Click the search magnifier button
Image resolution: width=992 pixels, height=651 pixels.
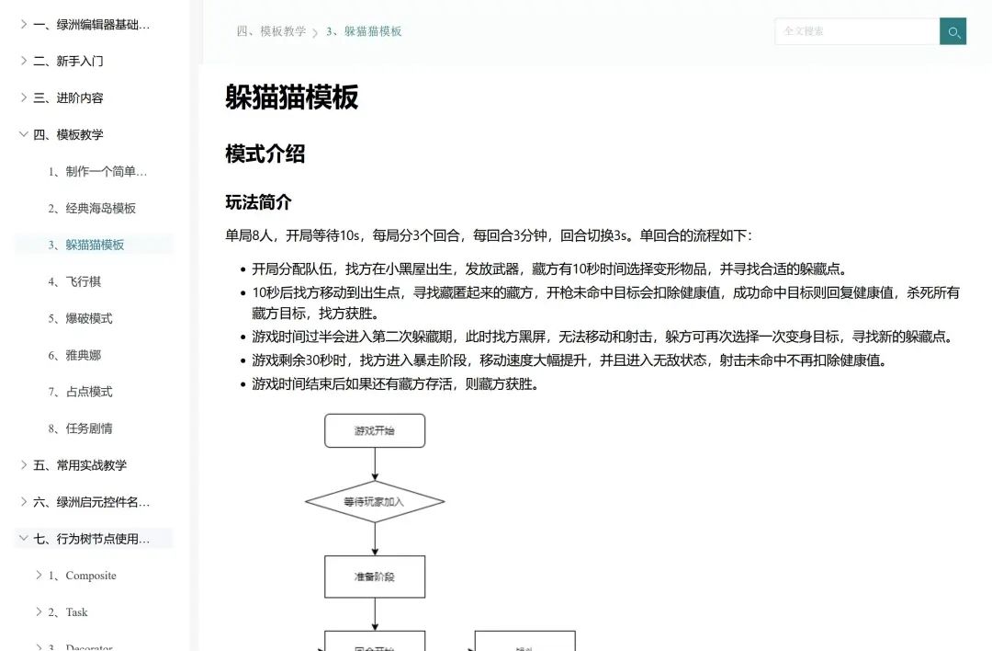953,31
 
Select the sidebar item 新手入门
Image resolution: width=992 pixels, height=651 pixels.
80,61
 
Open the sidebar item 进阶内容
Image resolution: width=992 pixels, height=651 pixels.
80,97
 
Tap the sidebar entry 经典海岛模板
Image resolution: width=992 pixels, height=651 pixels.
100,208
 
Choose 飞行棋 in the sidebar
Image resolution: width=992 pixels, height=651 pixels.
83,281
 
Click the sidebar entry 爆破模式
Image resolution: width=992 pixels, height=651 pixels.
88,318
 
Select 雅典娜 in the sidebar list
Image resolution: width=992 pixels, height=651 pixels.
83,355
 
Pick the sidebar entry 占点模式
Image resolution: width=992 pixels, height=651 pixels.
88,392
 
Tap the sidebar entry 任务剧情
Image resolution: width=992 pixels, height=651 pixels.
88,428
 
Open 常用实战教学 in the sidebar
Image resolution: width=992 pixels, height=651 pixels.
92,465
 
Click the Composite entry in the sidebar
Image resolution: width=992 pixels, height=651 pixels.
91,576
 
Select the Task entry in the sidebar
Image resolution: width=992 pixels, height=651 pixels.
76,612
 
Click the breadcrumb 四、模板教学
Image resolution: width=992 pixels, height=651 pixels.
271,31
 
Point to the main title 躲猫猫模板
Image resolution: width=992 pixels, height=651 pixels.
291,97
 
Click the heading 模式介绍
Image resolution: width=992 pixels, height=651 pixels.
265,154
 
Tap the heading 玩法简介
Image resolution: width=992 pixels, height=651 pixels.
258,202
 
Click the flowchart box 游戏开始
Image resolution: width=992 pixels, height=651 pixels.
375,430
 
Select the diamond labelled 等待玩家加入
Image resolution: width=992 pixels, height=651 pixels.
375,502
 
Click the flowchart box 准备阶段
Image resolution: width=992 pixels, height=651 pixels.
375,577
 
